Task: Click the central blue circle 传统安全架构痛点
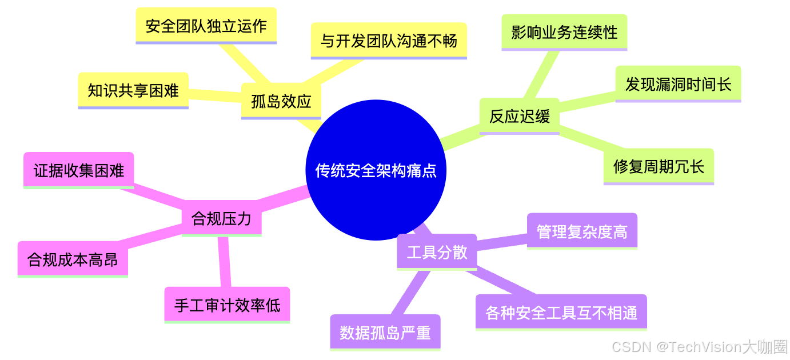376,170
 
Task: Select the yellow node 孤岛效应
281,101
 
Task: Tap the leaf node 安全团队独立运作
206,26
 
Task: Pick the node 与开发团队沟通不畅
389,41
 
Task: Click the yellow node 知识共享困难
133,90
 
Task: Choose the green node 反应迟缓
519,116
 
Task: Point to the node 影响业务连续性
564,32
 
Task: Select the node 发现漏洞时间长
678,84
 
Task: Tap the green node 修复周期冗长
659,166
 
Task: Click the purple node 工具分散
437,252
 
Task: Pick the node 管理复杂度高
582,231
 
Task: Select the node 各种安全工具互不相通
561,313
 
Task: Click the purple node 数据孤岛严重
385,333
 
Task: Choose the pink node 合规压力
221,218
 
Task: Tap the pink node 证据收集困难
79,170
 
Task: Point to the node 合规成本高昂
73,259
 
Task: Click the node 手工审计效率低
227,305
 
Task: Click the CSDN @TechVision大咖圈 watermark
699,346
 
